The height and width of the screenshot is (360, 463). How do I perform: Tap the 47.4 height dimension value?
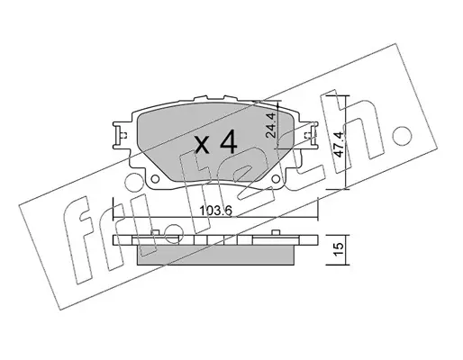click(x=340, y=143)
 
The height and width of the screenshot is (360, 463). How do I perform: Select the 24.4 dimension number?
click(x=271, y=125)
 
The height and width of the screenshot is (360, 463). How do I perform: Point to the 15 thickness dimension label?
click(x=339, y=249)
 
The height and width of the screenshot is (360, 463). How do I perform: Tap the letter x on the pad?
click(x=203, y=145)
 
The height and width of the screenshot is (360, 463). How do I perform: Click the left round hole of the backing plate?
click(x=155, y=179)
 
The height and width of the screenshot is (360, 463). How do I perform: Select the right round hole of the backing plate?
click(x=276, y=179)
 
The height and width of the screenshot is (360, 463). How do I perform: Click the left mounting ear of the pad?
click(x=122, y=135)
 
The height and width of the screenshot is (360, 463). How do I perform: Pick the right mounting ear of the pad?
click(x=309, y=135)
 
